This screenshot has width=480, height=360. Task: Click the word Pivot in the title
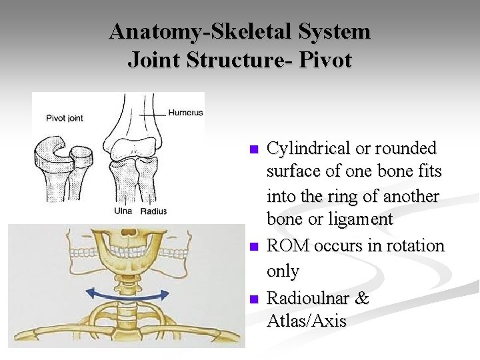click(x=325, y=60)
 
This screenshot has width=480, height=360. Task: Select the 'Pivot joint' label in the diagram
click(x=65, y=118)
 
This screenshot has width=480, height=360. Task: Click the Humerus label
click(x=185, y=113)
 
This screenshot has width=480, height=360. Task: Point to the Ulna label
click(x=123, y=211)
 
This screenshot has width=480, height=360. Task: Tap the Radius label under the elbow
click(x=154, y=212)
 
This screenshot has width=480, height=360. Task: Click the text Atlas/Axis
click(x=307, y=321)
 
